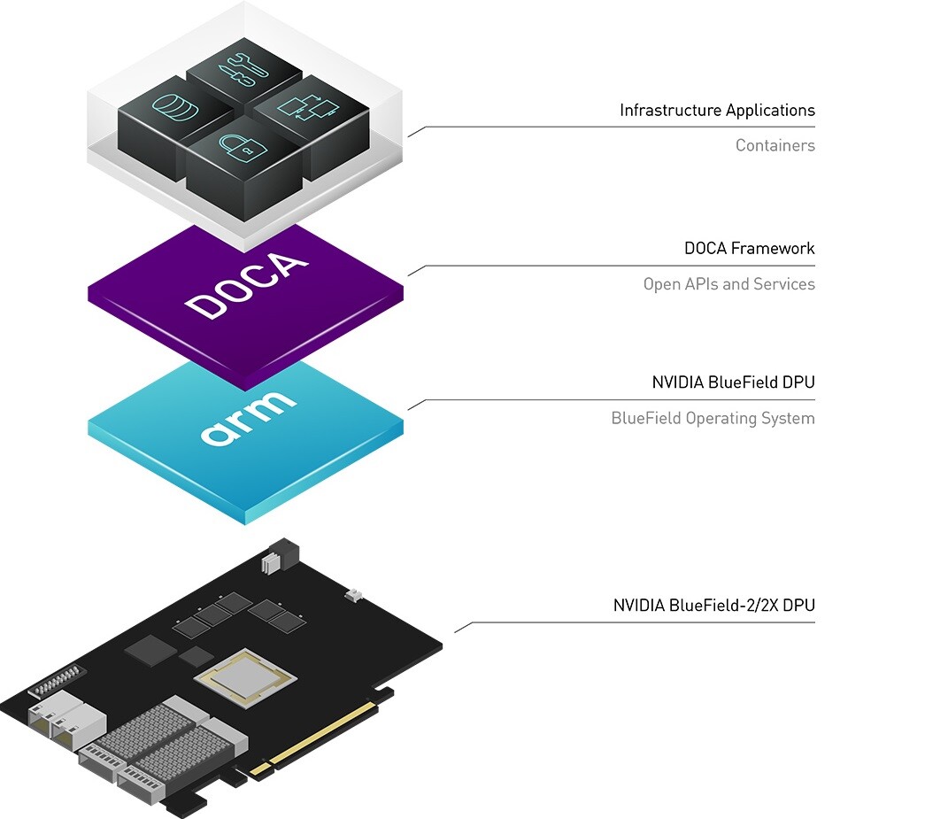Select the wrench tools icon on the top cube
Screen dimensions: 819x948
click(238, 69)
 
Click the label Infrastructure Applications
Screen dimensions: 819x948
click(717, 111)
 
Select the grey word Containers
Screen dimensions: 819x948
click(775, 145)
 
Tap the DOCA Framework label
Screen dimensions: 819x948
click(749, 249)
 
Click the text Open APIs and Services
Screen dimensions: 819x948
click(728, 284)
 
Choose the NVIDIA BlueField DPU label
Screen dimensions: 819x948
click(733, 383)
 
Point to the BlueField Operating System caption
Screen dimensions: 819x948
click(713, 418)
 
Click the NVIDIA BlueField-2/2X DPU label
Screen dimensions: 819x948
click(713, 606)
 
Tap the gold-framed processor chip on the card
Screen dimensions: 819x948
click(246, 678)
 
